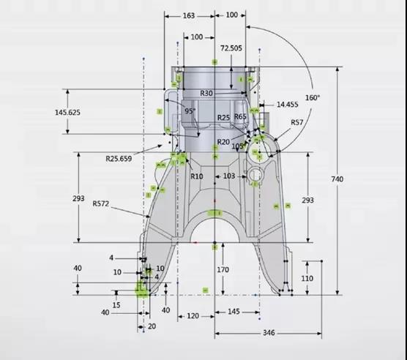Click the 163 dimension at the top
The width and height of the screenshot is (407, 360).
189,16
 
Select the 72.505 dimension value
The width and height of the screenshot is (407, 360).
231,48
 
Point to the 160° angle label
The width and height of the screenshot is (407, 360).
313,98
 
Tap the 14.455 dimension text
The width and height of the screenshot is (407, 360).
288,105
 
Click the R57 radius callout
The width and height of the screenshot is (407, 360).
297,122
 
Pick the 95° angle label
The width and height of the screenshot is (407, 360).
190,111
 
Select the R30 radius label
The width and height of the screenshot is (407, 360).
206,94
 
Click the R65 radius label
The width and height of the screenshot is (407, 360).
240,117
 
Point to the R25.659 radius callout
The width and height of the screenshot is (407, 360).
119,159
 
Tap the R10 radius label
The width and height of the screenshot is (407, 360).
197,176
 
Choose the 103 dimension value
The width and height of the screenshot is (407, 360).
229,176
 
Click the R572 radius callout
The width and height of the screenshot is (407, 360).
101,203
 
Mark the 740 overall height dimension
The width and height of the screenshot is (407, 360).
337,179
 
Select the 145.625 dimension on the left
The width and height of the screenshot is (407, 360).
67,113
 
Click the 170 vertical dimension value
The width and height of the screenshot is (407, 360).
223,270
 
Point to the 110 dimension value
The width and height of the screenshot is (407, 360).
307,279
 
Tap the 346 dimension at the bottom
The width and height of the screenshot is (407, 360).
269,333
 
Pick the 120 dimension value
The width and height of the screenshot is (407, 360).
193,316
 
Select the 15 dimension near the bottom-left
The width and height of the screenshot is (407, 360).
116,305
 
